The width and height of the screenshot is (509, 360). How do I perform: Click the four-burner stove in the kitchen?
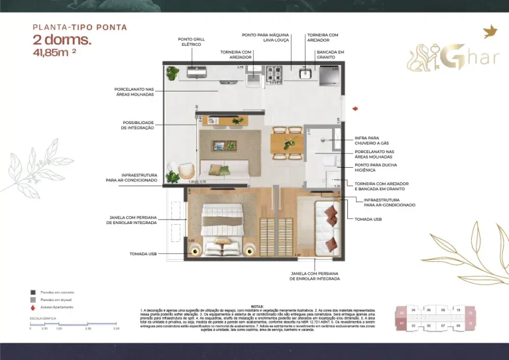pos(275,71)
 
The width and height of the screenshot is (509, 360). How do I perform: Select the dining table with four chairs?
pos(286,144)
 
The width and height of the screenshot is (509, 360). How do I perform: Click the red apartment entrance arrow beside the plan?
pos(355,107)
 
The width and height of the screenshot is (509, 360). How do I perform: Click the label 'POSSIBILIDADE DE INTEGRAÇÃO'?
pos(138,125)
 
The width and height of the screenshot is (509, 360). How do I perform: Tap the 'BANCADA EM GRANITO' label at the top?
pos(330,54)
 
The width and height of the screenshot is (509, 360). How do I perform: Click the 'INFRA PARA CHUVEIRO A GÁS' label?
pos(372,141)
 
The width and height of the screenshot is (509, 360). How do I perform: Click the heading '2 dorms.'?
pos(62,40)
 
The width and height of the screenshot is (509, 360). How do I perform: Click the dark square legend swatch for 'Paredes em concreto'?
pos(32,292)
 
